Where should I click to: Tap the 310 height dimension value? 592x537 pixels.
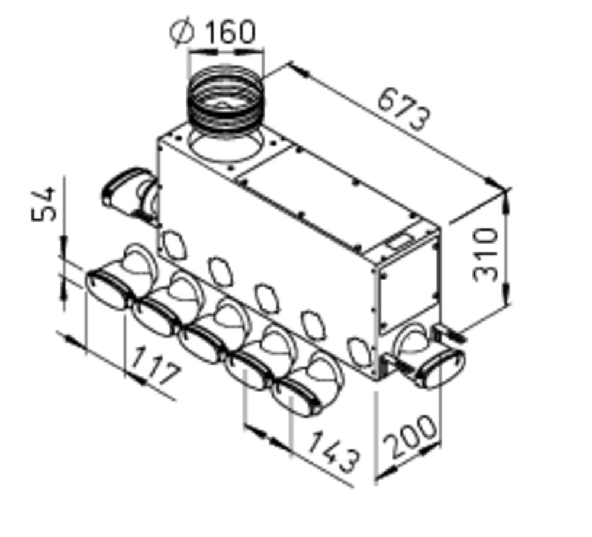(x=486, y=255)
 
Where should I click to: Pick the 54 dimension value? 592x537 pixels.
(x=43, y=204)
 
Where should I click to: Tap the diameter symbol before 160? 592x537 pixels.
(x=182, y=33)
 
